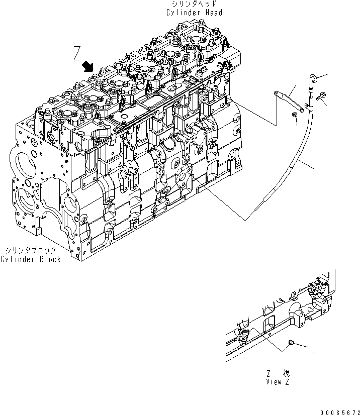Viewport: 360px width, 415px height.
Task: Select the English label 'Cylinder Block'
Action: point(31,259)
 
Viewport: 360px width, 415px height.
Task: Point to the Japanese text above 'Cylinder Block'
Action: point(31,250)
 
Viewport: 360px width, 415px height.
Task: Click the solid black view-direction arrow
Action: point(90,66)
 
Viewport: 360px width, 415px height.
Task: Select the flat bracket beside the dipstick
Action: point(291,99)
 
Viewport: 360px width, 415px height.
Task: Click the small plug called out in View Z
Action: point(291,343)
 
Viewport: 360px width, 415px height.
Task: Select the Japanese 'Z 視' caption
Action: point(278,373)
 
